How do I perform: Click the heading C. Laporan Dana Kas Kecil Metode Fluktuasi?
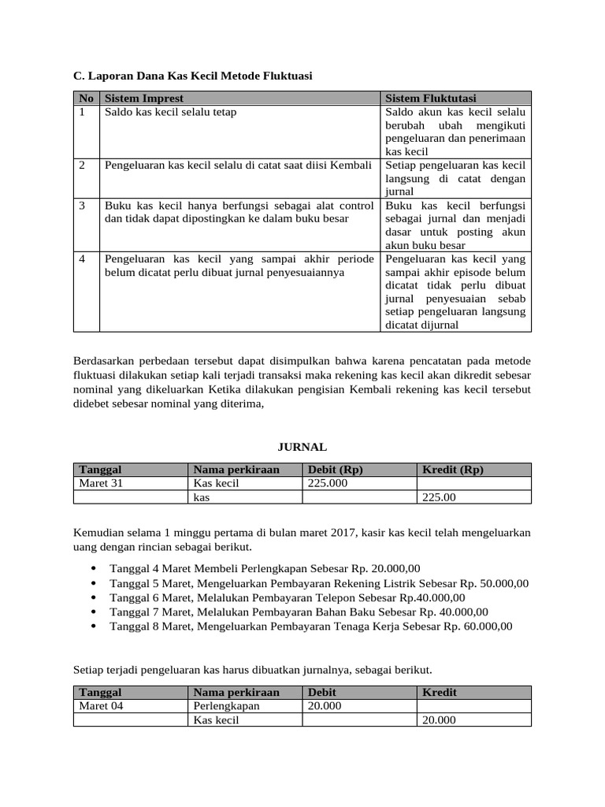pos(193,76)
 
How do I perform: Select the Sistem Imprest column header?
pos(144,99)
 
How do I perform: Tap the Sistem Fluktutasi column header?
pos(431,99)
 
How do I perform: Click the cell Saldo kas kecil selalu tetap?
pos(170,112)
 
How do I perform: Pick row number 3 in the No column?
pos(83,206)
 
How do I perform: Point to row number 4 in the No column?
pos(83,258)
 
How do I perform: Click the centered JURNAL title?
pos(302,447)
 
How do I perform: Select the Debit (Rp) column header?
pos(335,470)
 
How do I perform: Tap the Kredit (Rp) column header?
pos(453,470)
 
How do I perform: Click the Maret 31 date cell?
pos(101,483)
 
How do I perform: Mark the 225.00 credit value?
pos(439,497)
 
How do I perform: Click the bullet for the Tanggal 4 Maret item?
pos(95,568)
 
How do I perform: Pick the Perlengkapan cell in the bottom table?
pos(226,706)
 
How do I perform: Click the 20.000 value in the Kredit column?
pos(439,720)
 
